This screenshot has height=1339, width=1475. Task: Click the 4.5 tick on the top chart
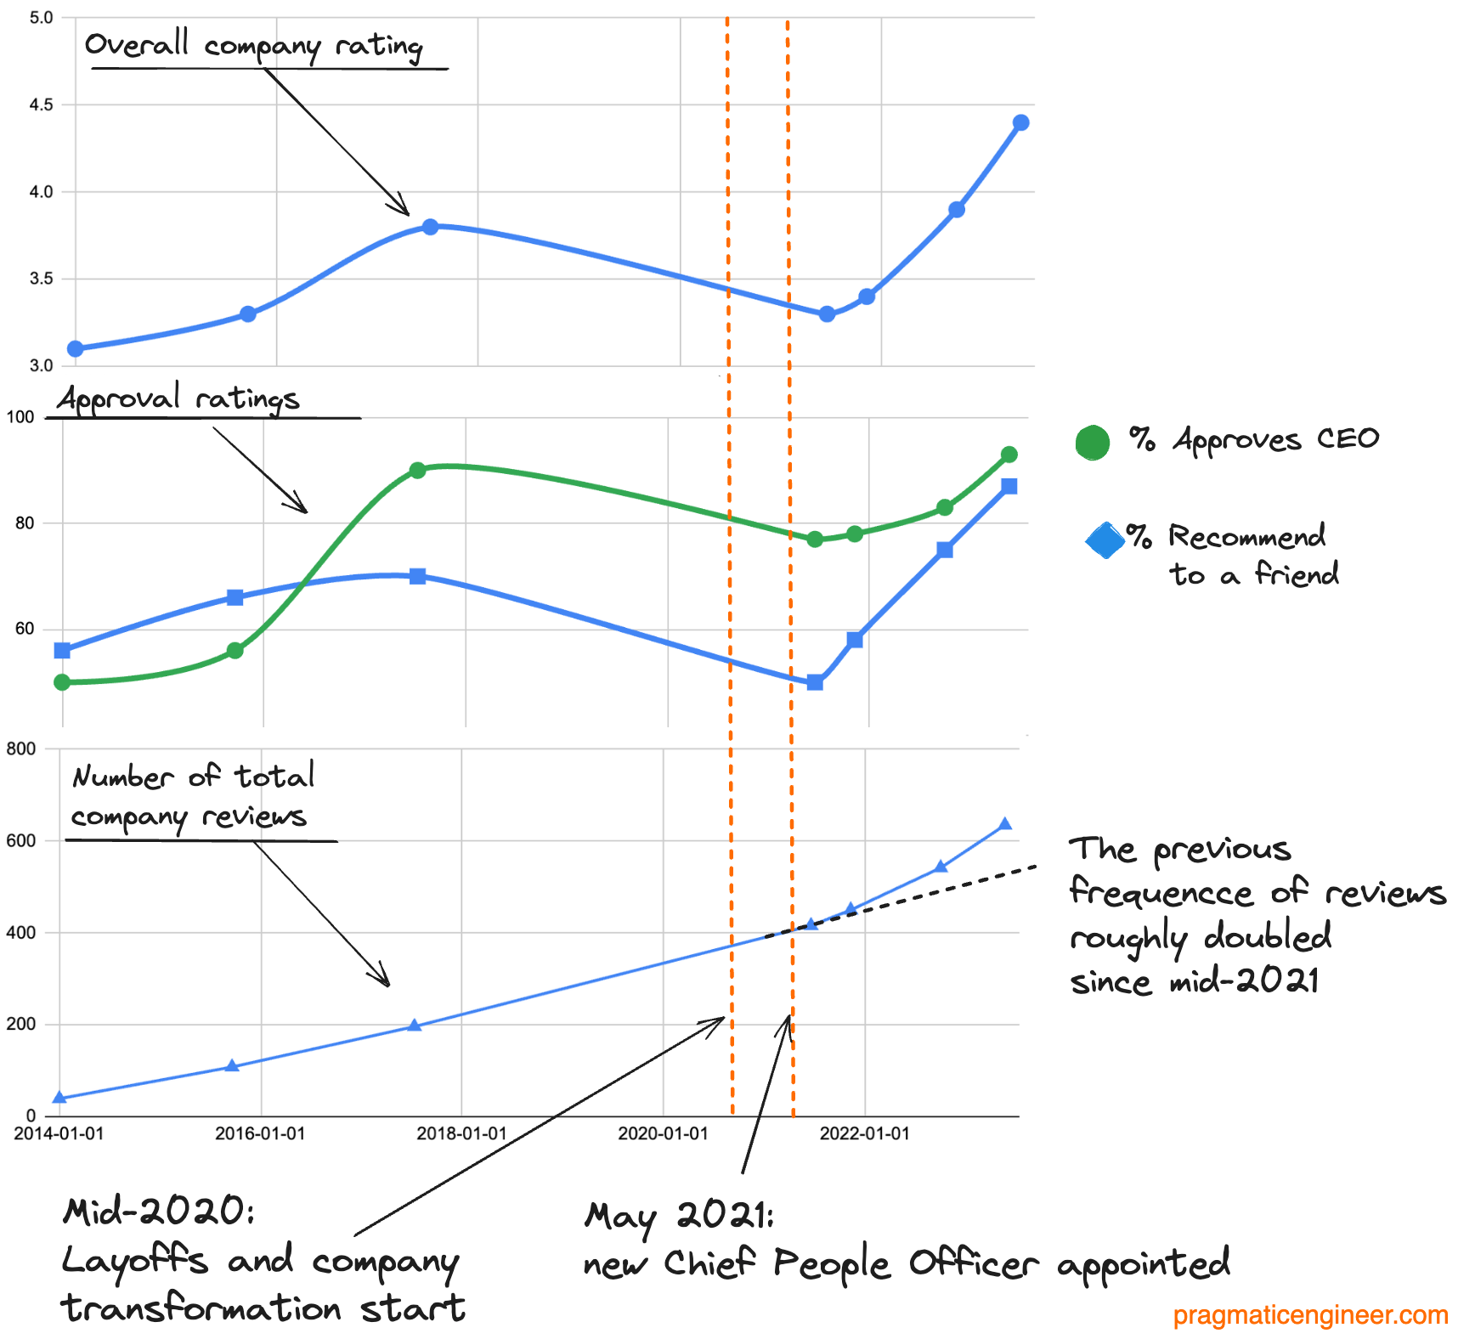tap(41, 105)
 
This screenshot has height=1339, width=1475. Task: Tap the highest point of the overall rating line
tap(1021, 123)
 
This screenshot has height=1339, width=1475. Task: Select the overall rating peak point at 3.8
tap(430, 227)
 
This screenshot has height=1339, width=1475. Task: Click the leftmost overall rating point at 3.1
tap(76, 349)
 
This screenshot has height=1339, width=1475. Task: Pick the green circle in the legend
tap(1093, 443)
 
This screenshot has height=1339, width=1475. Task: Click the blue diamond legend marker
tap(1105, 540)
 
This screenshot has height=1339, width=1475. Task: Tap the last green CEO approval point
tap(1009, 455)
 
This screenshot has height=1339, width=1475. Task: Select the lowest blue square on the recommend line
tap(815, 682)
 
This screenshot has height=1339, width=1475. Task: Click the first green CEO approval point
tap(62, 682)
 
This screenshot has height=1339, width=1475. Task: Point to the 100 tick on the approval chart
tap(20, 417)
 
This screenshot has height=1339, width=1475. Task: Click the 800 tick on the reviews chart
tap(21, 749)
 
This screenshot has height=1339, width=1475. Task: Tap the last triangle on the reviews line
tap(1005, 824)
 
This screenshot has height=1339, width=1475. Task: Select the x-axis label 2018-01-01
tap(461, 1134)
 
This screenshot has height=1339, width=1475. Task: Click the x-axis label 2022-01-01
tap(864, 1134)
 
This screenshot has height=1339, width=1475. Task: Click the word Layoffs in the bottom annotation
tap(134, 1260)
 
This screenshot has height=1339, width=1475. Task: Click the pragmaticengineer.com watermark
tap(1310, 1315)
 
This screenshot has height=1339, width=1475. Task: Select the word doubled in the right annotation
tap(1267, 936)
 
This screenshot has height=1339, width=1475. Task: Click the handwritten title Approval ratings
tap(179, 398)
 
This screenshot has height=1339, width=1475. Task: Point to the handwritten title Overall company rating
tap(253, 45)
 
